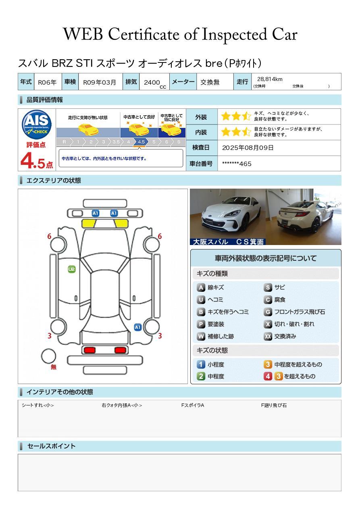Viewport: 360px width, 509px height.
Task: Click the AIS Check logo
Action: pos(37,124)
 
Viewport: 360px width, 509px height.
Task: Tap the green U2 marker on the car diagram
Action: pos(72,269)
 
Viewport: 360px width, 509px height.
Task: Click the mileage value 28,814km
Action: pos(270,79)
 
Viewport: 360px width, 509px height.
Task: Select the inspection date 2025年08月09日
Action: pos(248,148)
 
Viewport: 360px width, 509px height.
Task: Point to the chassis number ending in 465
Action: pos(237,164)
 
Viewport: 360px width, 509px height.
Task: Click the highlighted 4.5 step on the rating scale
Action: pos(141,142)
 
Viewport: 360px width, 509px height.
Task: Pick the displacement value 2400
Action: pos(152,82)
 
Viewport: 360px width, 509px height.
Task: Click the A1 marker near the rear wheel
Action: pos(138,327)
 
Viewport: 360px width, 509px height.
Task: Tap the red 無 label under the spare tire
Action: pos(53,367)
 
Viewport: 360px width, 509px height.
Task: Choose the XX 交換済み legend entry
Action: pos(280,336)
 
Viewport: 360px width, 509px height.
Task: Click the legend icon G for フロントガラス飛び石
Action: pos(268,312)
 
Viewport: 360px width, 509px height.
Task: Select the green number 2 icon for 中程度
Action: pos(201,376)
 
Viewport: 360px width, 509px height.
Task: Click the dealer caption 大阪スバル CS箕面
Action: pos(228,242)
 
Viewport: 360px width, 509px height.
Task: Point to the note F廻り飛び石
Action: pos(274,405)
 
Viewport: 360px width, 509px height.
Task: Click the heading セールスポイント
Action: pos(51,446)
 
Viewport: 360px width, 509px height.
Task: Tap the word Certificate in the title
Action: pos(144,34)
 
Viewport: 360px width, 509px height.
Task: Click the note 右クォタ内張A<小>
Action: pos(122,405)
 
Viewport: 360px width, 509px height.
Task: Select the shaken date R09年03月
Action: pos(99,82)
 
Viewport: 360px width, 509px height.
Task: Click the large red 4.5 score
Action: pos(36,161)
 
